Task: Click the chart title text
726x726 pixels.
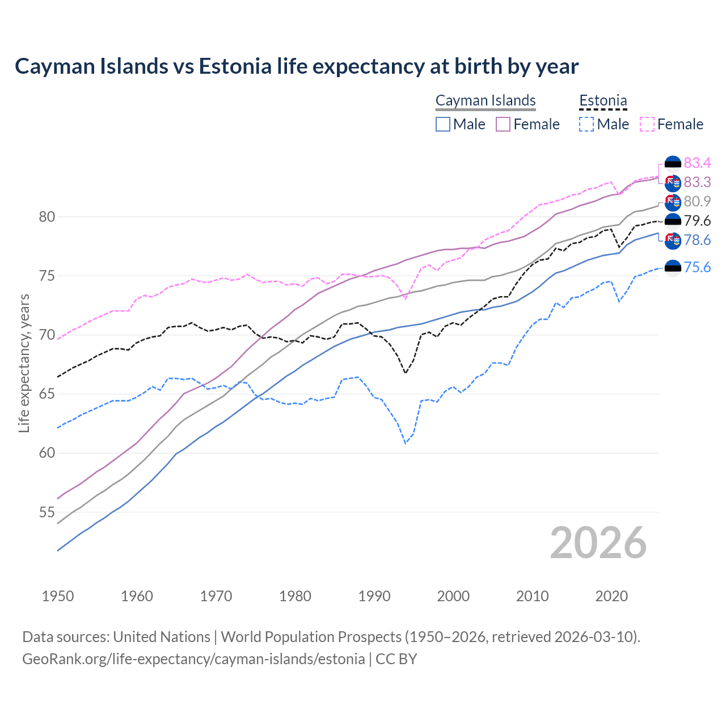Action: (297, 66)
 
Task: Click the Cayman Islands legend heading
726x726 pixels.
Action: (486, 101)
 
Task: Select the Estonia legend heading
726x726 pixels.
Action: (603, 101)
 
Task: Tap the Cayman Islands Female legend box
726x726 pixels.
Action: (504, 124)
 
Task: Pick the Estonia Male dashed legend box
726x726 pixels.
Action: (587, 124)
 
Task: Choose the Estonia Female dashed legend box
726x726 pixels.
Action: (647, 124)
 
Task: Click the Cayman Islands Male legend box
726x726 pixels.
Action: (443, 124)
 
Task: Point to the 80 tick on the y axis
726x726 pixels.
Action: (47, 217)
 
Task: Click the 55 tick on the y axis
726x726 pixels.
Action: (47, 512)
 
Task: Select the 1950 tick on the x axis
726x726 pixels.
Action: (58, 596)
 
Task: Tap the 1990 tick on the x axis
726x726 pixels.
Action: (374, 596)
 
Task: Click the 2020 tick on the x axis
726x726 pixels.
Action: (611, 596)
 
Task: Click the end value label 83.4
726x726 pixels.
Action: (697, 163)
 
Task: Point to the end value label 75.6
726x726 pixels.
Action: (697, 267)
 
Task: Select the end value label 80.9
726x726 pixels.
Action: (697, 201)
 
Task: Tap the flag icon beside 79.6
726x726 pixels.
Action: (673, 221)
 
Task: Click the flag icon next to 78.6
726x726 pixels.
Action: (673, 240)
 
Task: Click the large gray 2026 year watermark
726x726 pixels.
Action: (598, 543)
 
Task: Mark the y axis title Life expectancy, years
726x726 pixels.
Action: (24, 363)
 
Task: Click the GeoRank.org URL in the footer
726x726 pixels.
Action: (193, 659)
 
